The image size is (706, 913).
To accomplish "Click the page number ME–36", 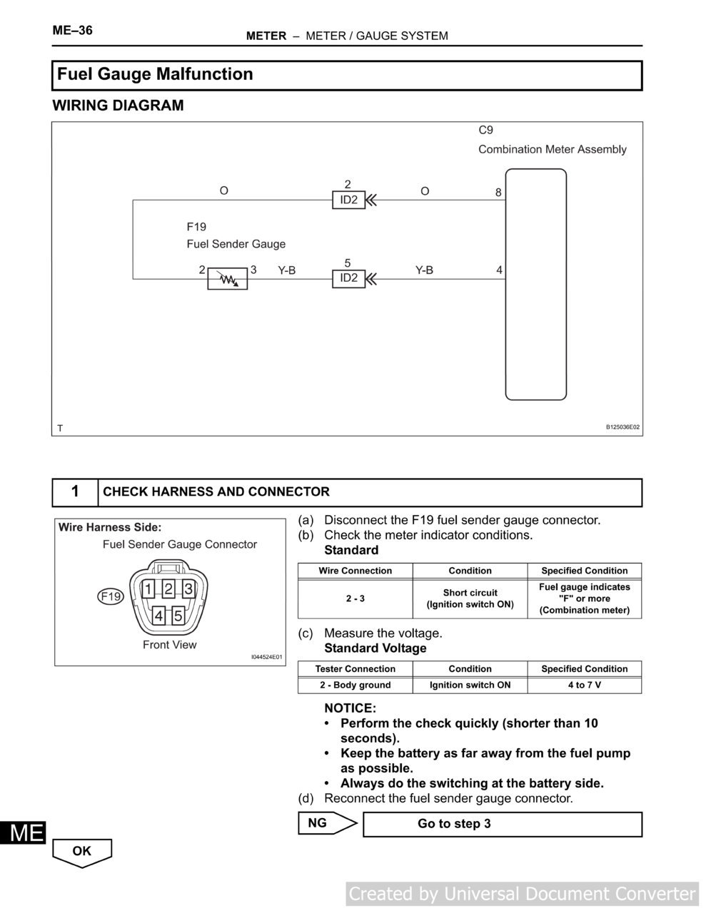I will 72,31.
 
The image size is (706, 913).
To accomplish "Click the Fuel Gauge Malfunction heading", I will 155,74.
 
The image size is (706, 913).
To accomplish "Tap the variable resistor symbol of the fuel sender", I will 227,279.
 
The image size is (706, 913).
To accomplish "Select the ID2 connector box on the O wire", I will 348,200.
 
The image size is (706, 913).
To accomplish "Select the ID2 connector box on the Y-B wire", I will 348,278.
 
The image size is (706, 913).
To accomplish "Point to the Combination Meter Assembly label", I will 552,149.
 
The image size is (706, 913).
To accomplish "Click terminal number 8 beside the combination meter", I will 498,193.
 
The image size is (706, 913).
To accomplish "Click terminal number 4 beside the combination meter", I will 499,270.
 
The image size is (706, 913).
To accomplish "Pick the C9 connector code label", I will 485,130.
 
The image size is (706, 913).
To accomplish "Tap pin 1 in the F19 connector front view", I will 148,588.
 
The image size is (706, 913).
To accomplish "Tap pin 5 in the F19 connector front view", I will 178,616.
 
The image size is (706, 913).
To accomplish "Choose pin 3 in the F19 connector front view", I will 188,588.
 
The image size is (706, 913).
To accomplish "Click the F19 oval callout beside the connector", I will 111,596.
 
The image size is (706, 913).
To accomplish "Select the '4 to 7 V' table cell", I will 584,685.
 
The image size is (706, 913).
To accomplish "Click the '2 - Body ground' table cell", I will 355,685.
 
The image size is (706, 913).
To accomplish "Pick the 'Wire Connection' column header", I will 355,571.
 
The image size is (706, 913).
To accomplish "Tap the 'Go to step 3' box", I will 502,824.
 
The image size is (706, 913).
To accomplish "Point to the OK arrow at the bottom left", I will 82,851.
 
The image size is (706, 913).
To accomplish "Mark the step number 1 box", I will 75,492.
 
